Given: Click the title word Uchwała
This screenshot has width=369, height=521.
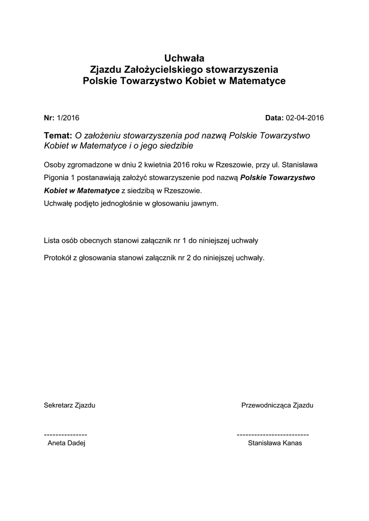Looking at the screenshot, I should tap(184, 57).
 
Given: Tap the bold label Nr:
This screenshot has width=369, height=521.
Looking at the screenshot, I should tap(49, 118).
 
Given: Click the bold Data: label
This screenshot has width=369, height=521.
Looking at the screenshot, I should tap(275, 118).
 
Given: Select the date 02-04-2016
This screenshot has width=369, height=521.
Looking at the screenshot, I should tap(305, 118).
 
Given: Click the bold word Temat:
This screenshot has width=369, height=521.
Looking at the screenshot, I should tap(59, 136).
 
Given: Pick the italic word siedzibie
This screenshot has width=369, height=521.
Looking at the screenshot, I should tap(177, 146).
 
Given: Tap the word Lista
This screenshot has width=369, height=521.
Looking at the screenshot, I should tap(52, 240).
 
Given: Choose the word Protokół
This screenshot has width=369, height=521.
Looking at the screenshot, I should tap(58, 257).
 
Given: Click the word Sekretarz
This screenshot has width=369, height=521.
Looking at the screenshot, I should tap(58, 406).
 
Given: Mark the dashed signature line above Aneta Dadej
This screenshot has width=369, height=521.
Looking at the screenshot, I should tap(66, 435).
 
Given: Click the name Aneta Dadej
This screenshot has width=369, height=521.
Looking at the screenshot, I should tap(66, 443).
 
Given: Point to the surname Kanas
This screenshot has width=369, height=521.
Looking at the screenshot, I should tap(292, 443).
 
